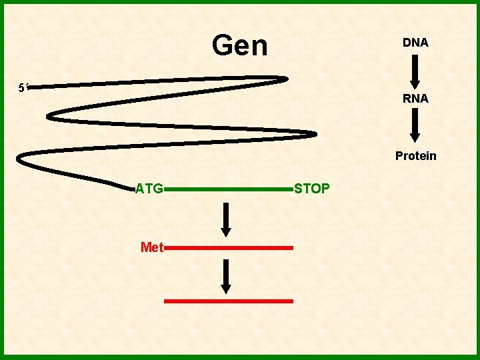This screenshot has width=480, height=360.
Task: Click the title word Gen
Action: (239, 46)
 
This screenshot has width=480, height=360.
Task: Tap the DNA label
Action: (415, 43)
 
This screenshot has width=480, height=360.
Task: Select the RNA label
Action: (415, 99)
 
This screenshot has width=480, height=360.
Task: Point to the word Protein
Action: (415, 156)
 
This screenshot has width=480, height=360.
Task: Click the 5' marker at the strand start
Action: (23, 87)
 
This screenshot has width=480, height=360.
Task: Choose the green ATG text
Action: (149, 189)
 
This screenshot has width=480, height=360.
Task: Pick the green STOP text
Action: (311, 189)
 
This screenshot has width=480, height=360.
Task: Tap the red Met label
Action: (152, 247)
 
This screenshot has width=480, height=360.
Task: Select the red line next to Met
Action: (228, 247)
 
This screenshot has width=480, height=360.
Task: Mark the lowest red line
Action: (228, 301)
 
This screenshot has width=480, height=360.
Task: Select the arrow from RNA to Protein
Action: (415, 127)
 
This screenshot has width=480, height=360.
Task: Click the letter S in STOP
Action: (297, 189)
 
